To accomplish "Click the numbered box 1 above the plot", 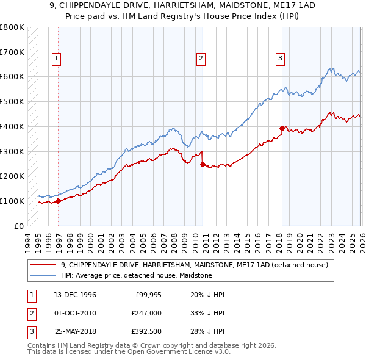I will [x=56, y=59].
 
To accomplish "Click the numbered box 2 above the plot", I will [x=201, y=59].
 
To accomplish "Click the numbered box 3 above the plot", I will [x=280, y=59].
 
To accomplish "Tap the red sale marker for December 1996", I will [x=58, y=201].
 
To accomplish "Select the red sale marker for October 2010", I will [x=203, y=164].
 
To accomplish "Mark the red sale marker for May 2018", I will [x=281, y=128].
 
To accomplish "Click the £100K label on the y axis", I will [x=12, y=201].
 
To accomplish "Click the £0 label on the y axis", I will [x=18, y=226].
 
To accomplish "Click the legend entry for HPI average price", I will [x=136, y=275].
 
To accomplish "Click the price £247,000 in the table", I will [x=146, y=312].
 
